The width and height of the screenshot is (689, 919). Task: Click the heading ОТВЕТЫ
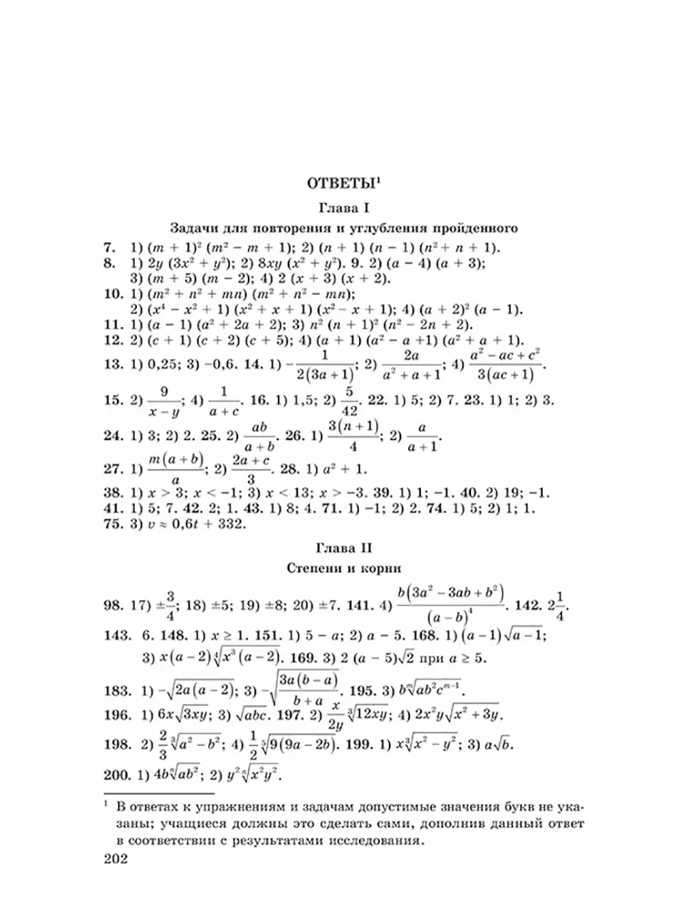tap(341, 184)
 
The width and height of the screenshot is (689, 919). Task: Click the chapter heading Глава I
tap(344, 207)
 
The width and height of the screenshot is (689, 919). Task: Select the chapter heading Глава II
tap(344, 548)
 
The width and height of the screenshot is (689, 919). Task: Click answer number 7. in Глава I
tap(108, 248)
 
